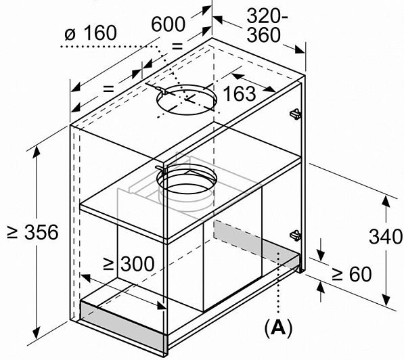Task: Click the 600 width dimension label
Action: pyautogui.click(x=168, y=24)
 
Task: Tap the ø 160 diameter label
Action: pyautogui.click(x=91, y=33)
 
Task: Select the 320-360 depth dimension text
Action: pyautogui.click(x=266, y=25)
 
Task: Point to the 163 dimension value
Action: pyautogui.click(x=240, y=94)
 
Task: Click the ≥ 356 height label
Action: pyautogui.click(x=33, y=232)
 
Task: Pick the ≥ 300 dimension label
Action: pyautogui.click(x=129, y=264)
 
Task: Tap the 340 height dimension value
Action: pyautogui.click(x=386, y=237)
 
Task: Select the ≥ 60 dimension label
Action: pyautogui.click(x=352, y=274)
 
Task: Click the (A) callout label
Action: pyautogui.click(x=279, y=328)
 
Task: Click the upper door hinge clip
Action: pyautogui.click(x=296, y=114)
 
